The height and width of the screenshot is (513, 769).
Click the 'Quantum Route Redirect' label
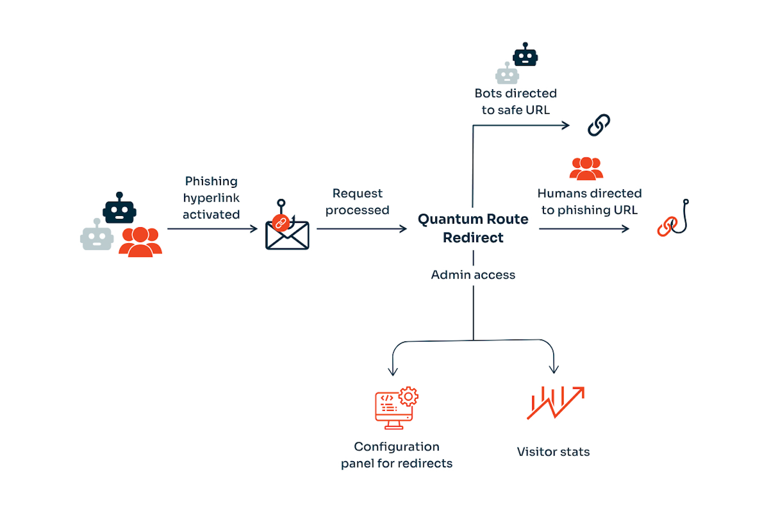coord(473,228)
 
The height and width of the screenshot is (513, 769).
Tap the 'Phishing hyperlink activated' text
coord(211,198)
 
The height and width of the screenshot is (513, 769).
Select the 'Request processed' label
coord(357,202)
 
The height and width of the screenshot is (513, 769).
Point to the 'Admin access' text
coord(473,275)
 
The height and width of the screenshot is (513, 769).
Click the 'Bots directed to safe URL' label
coord(516,102)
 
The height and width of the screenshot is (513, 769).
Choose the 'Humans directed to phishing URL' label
coord(590,202)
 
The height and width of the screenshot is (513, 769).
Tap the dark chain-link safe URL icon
coord(599,125)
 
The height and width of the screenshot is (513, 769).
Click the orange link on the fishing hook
coord(667,226)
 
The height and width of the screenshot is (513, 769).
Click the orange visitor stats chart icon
coord(555,402)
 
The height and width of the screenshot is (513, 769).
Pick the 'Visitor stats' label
coord(553,452)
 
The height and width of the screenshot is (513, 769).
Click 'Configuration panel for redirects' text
coord(397,455)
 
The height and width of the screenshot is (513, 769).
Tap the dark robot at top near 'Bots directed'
coord(525,55)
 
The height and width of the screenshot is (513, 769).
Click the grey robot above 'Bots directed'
coord(507,74)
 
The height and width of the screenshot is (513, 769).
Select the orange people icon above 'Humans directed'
coord(586,168)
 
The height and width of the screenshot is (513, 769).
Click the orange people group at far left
coord(140,242)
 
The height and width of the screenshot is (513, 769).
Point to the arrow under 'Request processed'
coord(361,229)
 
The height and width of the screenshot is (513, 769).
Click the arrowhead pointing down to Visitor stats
coord(554,369)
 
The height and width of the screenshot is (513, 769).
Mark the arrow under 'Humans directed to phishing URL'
coord(584,229)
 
